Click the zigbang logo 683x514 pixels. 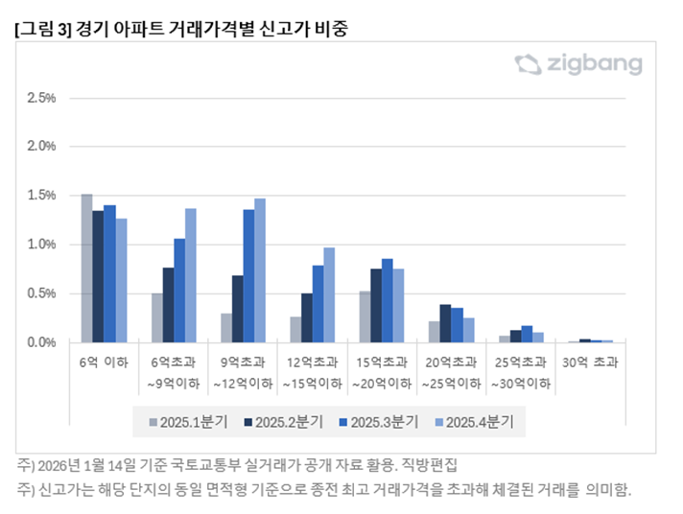(x=578, y=65)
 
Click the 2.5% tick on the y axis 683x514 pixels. (x=42, y=98)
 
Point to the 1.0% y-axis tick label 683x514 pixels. (x=42, y=245)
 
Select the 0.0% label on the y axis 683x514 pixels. (x=42, y=342)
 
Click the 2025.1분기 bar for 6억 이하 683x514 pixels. (x=86, y=269)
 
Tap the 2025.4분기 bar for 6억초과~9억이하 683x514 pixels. (x=191, y=275)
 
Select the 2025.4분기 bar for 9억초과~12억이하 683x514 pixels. (x=260, y=270)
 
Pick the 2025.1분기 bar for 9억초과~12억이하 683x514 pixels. (x=225, y=328)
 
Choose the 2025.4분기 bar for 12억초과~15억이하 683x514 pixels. (x=329, y=294)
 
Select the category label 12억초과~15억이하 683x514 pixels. (x=312, y=373)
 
